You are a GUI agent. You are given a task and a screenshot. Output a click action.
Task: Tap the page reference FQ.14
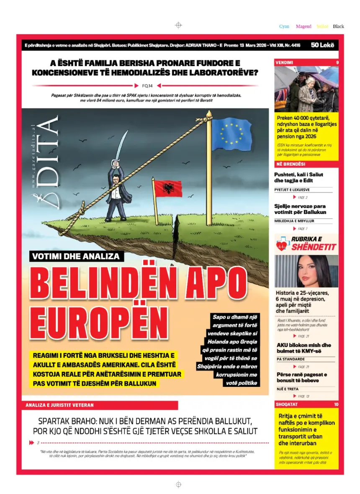[x=147, y=86]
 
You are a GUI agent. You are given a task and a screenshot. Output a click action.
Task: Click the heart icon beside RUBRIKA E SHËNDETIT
[x=283, y=245]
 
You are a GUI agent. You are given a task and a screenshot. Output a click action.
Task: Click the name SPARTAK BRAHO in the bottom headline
[x=68, y=421]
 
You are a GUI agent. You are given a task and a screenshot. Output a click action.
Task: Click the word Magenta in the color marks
[x=303, y=26]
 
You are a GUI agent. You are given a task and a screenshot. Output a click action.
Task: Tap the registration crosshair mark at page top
[x=178, y=25]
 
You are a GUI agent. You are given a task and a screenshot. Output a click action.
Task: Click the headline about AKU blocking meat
[x=303, y=348]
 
